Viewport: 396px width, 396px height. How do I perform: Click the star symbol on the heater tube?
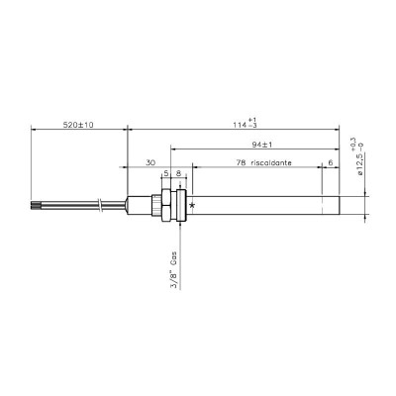(192, 205)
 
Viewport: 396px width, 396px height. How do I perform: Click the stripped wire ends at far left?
(36, 205)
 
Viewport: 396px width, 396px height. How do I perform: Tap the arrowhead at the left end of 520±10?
(35, 130)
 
